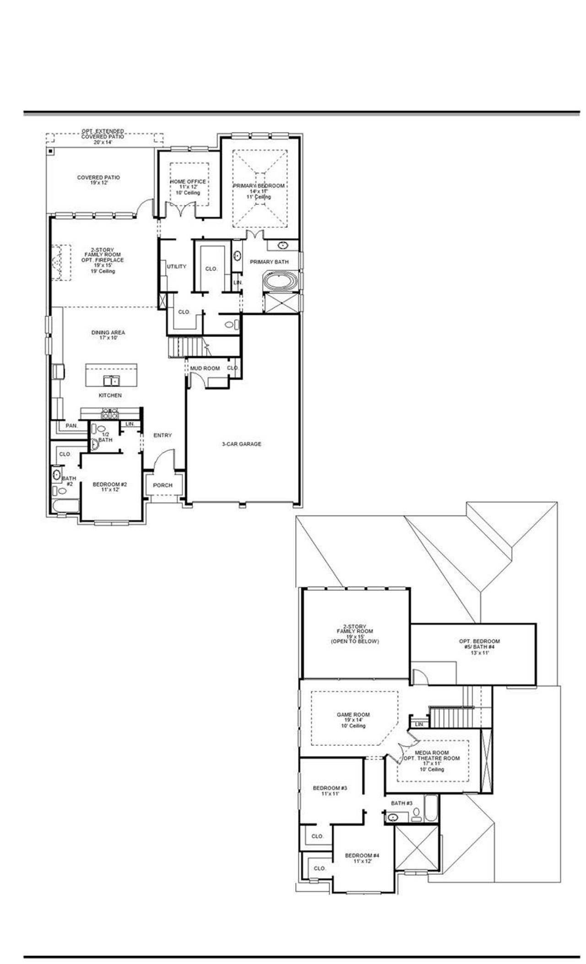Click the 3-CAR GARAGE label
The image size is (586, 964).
(x=241, y=444)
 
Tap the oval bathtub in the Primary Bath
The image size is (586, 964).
(x=281, y=281)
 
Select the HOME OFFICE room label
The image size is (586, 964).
(x=188, y=182)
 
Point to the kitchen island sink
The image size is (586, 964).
(x=111, y=380)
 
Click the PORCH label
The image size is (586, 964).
(x=163, y=485)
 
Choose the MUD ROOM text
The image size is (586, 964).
(x=205, y=368)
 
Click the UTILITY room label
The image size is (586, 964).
(x=176, y=267)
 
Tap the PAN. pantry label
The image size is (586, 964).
(x=71, y=425)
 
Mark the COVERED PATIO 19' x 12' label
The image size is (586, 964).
(x=98, y=180)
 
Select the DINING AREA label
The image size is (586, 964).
(x=108, y=335)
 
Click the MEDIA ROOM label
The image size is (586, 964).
(x=431, y=752)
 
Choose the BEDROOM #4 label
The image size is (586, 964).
(x=362, y=856)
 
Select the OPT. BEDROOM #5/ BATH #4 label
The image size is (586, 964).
(x=479, y=644)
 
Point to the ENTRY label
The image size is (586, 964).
(x=163, y=435)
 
